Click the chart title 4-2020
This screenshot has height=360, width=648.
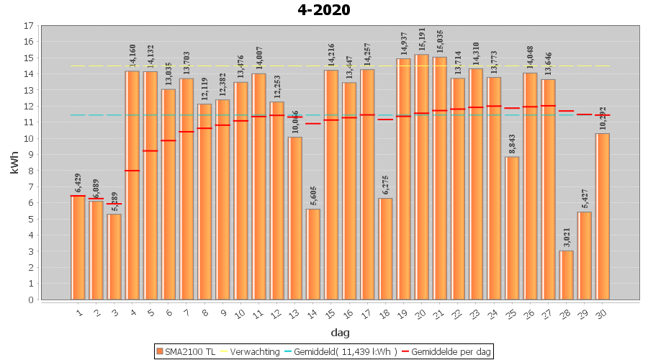click(x=324, y=10)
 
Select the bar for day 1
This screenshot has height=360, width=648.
click(x=78, y=248)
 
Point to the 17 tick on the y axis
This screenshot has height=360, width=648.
click(x=29, y=26)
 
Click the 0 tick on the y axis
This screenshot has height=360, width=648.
click(x=29, y=300)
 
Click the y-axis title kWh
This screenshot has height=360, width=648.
click(x=14, y=163)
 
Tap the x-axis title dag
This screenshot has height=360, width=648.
click(x=340, y=333)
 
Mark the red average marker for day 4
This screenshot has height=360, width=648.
click(x=132, y=171)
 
